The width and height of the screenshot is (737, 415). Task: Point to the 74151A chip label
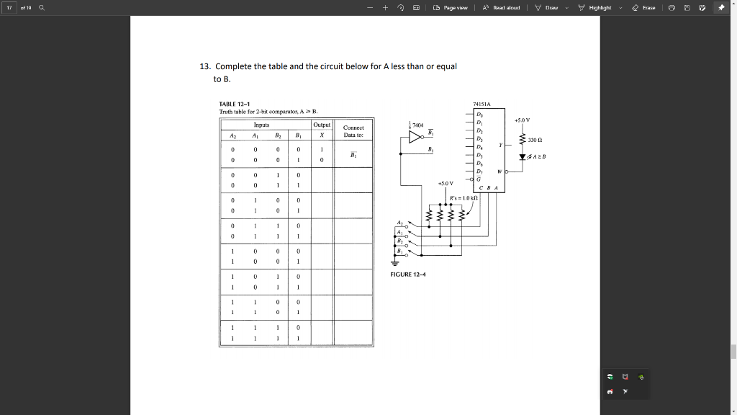pos(481,104)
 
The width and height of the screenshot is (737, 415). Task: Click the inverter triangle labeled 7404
pos(415,138)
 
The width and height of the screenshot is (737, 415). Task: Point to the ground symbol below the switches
pos(394,262)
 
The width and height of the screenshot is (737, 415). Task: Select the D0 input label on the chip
pos(480,114)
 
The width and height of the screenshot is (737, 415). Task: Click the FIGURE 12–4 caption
pos(408,275)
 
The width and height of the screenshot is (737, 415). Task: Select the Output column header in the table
pos(322,125)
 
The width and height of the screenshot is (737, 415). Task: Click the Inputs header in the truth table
pos(262,125)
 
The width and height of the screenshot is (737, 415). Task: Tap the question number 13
pos(205,66)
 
